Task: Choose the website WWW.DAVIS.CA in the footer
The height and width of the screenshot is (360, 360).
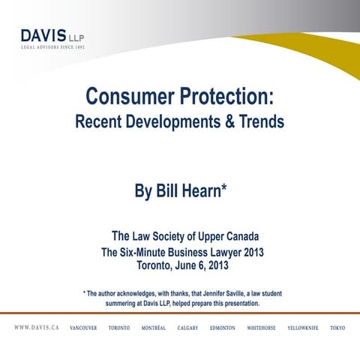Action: pos(37,328)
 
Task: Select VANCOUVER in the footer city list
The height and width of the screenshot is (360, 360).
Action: pos(83,328)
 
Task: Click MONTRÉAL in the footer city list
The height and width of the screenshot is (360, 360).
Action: pos(154,328)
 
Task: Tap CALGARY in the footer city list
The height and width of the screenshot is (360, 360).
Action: pos(187,328)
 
